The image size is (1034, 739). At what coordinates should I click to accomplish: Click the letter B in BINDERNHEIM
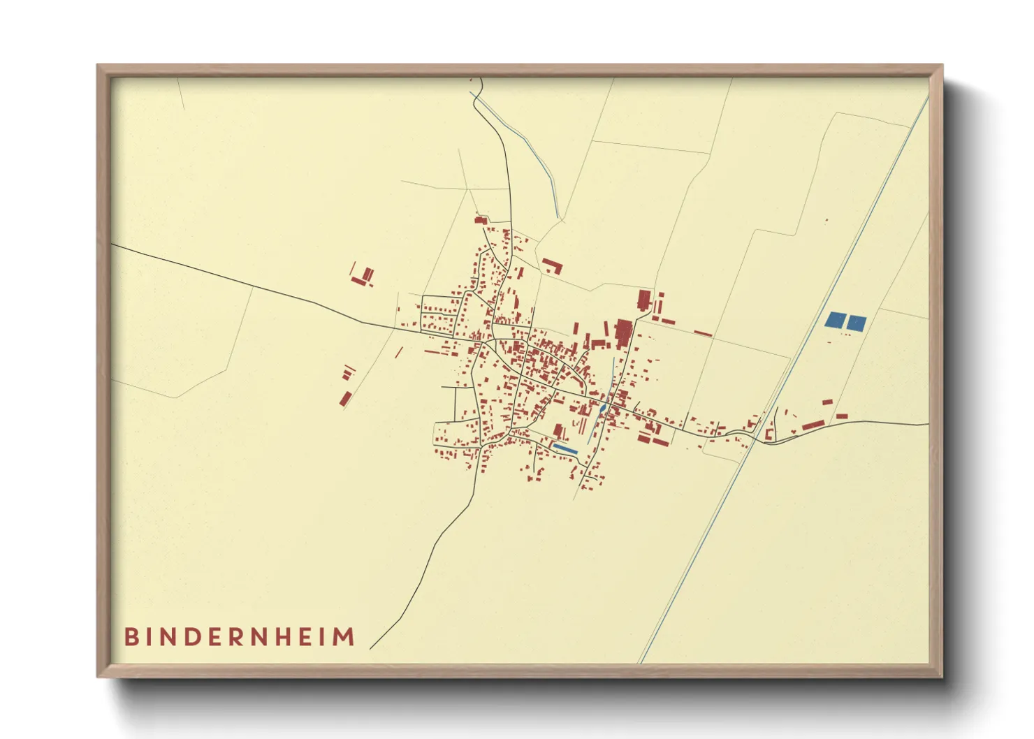pyautogui.click(x=131, y=637)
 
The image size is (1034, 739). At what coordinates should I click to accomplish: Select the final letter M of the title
pyautogui.click(x=344, y=637)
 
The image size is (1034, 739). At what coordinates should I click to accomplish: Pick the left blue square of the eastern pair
pyautogui.click(x=835, y=320)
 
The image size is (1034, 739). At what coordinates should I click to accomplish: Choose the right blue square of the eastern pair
pyautogui.click(x=857, y=323)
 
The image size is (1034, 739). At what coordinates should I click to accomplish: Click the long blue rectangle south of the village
pyautogui.click(x=565, y=448)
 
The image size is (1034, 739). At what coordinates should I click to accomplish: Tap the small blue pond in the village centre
pyautogui.click(x=602, y=409)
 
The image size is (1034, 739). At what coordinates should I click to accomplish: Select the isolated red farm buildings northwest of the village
pyautogui.click(x=362, y=277)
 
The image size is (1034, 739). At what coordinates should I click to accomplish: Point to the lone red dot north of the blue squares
pyautogui.click(x=827, y=220)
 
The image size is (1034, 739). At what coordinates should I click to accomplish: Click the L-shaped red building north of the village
pyautogui.click(x=553, y=265)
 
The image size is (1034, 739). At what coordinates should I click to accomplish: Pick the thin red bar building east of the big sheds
pyautogui.click(x=703, y=333)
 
